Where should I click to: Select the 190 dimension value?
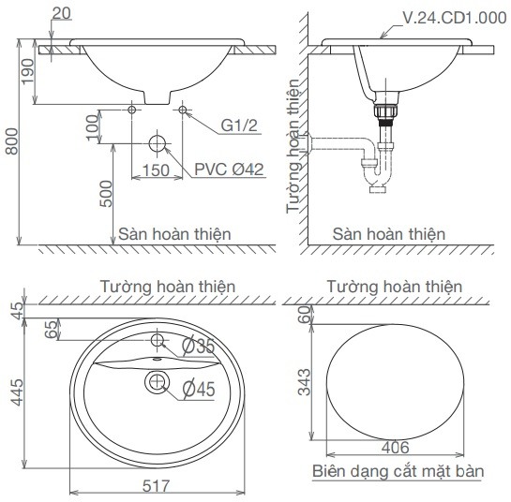(x=27, y=70)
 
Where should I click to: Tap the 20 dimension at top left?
(x=62, y=12)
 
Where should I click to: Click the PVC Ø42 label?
(x=229, y=169)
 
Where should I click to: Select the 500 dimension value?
(x=106, y=193)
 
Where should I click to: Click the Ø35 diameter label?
(x=200, y=346)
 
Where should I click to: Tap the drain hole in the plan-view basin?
(x=157, y=381)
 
